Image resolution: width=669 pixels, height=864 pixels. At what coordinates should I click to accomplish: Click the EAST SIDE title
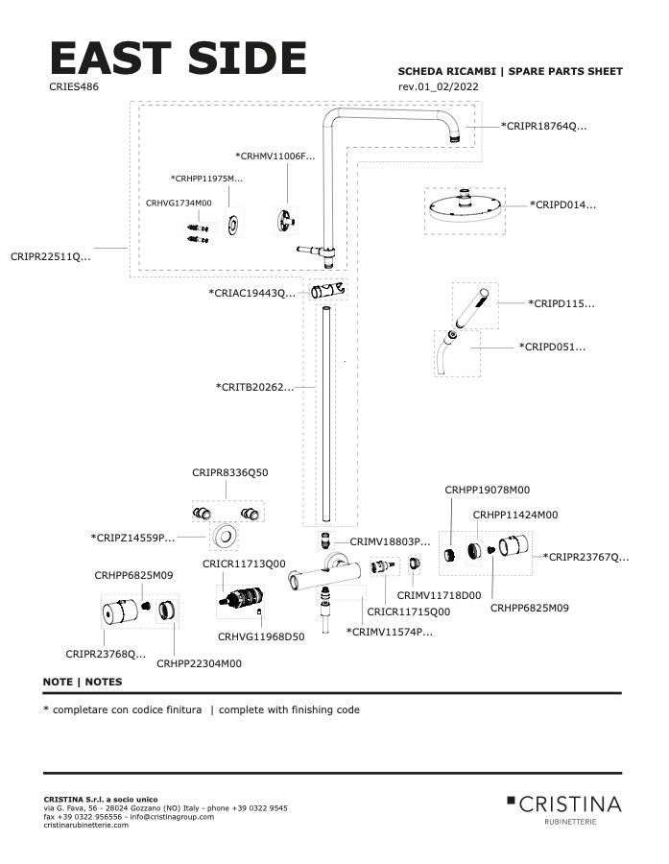(178, 59)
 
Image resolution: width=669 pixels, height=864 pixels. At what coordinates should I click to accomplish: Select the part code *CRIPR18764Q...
(544, 126)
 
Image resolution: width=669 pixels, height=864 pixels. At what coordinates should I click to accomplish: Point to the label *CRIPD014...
(563, 204)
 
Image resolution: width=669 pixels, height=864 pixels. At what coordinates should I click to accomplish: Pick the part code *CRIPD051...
(552, 347)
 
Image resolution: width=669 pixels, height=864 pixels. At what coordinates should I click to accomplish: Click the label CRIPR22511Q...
(51, 256)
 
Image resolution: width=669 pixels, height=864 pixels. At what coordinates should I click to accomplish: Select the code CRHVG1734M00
(179, 203)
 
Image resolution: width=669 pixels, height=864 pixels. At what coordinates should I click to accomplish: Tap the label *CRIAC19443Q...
(252, 293)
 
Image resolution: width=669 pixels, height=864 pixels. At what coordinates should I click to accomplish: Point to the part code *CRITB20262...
(255, 387)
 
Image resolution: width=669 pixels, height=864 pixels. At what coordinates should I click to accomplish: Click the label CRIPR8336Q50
(230, 472)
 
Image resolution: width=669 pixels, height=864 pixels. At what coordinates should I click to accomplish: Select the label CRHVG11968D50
(260, 636)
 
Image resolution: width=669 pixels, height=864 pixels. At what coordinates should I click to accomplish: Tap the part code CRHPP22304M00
(199, 663)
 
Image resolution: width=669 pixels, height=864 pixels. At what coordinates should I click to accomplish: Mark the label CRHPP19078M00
(487, 490)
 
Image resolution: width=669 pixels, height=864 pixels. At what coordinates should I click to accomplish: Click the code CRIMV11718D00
(439, 595)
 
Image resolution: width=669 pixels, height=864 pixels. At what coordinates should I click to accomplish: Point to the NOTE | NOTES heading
(83, 682)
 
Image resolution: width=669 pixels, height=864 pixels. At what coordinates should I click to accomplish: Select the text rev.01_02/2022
(439, 87)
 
